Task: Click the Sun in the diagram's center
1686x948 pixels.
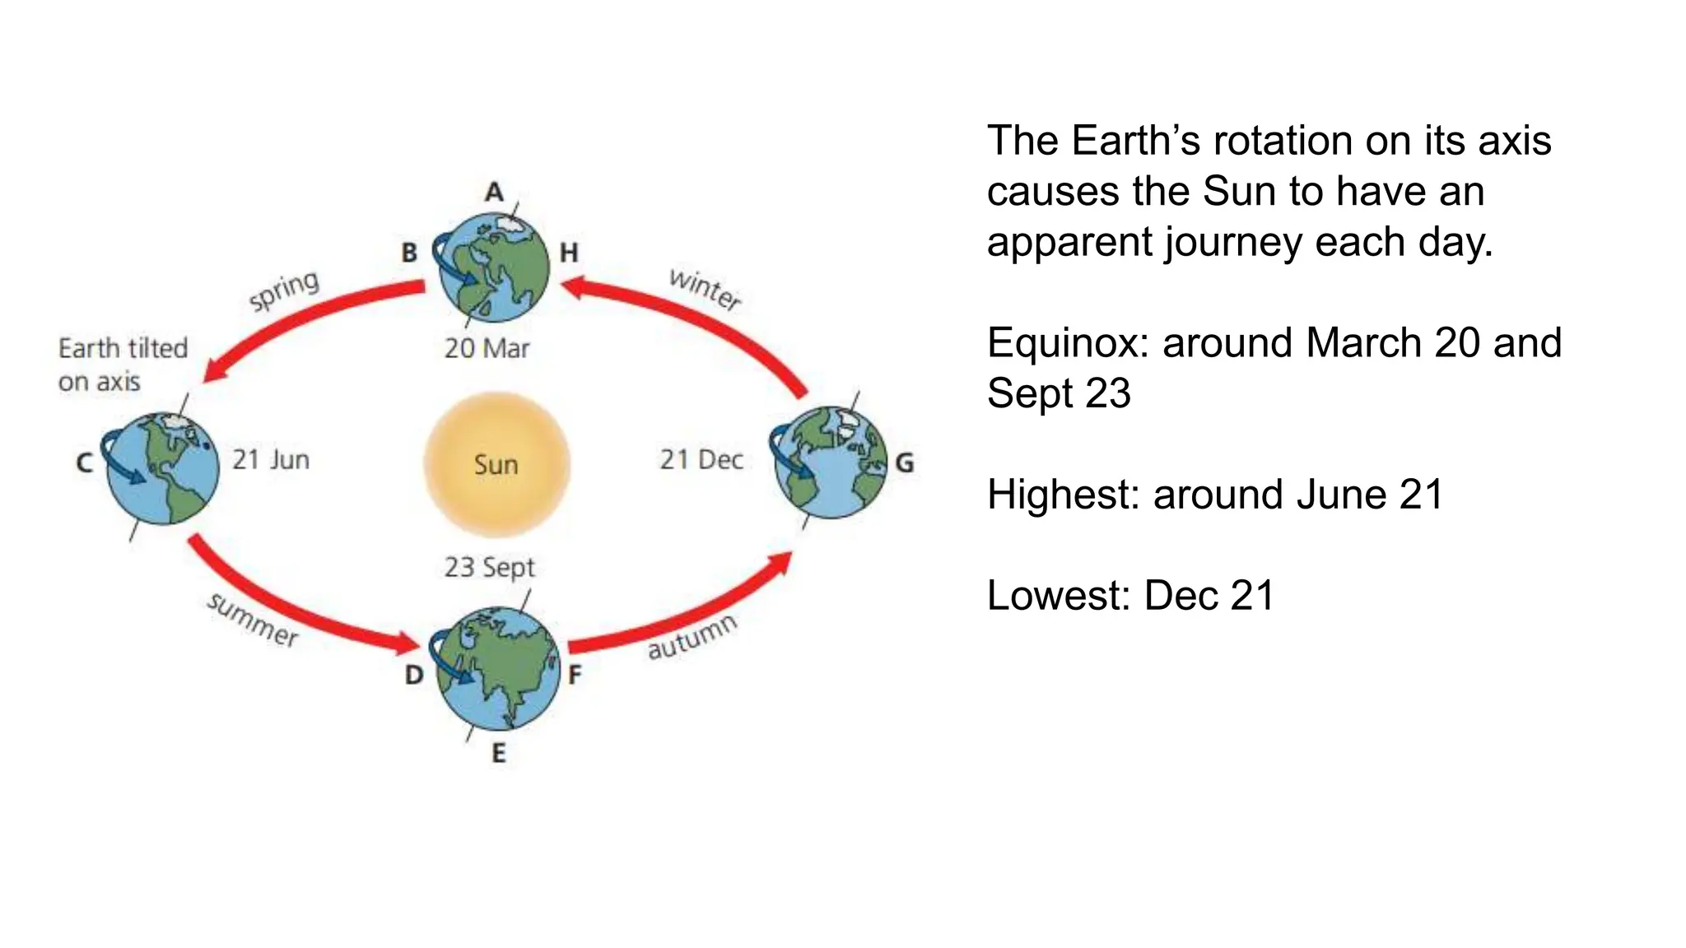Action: click(496, 464)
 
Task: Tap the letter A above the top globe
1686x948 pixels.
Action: click(493, 192)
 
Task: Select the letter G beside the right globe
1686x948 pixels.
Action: click(904, 463)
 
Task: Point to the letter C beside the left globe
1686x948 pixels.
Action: click(84, 462)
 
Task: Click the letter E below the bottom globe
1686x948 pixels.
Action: click(498, 753)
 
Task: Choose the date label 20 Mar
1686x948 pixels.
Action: click(487, 348)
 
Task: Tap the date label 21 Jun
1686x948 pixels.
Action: click(270, 459)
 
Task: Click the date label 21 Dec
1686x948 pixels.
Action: click(701, 459)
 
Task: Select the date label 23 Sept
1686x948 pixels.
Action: click(489, 567)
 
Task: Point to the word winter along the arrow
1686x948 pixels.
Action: click(705, 289)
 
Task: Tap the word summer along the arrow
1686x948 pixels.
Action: click(253, 620)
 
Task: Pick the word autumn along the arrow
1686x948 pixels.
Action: click(692, 637)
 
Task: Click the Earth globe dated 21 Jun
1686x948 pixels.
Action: click(163, 468)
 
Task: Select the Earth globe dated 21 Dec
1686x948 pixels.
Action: click(831, 462)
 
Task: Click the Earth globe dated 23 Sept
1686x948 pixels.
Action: click(496, 669)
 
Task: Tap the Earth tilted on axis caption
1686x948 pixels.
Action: click(123, 365)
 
